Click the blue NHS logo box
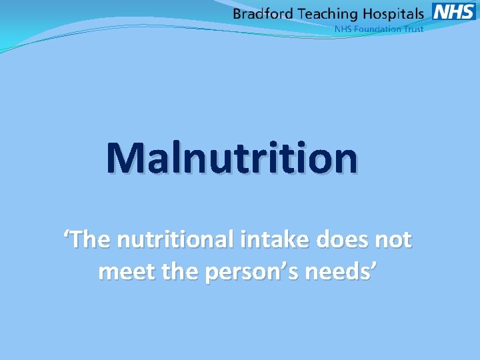click(x=454, y=12)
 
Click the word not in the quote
click(x=393, y=240)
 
